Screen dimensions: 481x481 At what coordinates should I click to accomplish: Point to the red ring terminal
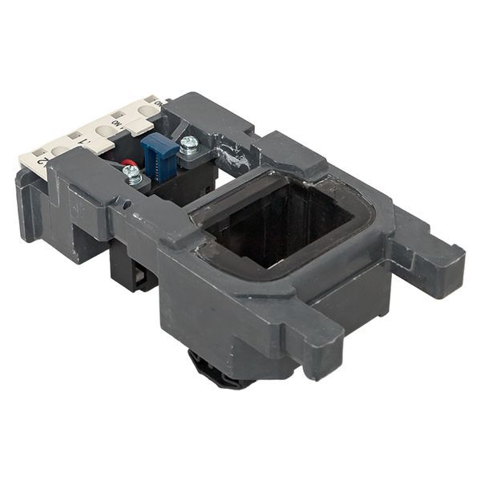(126, 164)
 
